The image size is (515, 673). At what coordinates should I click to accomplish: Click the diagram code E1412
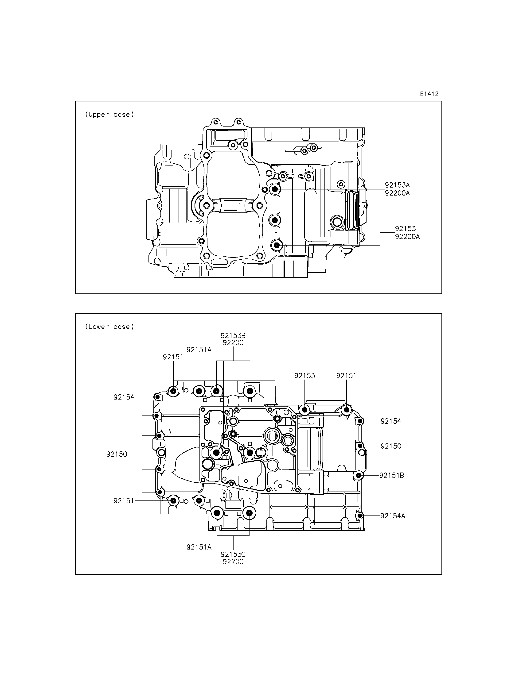point(429,94)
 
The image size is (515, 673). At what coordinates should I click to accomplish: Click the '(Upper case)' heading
point(109,115)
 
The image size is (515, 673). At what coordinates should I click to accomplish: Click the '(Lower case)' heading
point(109,327)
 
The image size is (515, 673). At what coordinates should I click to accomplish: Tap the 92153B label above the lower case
point(233,335)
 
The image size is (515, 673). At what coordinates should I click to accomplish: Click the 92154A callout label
point(393,516)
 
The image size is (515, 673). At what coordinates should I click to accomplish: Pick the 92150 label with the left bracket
point(117,454)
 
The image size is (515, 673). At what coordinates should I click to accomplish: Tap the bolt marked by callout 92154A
point(360,516)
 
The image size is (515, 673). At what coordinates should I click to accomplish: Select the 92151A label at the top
point(199,350)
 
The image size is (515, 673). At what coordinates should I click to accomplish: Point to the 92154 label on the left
point(124,397)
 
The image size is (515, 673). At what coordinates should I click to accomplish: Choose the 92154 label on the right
point(391,421)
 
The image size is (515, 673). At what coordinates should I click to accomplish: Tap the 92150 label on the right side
point(391,446)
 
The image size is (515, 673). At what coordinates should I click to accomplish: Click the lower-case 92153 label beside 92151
point(305,376)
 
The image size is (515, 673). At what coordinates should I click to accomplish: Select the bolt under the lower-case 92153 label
point(305,410)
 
